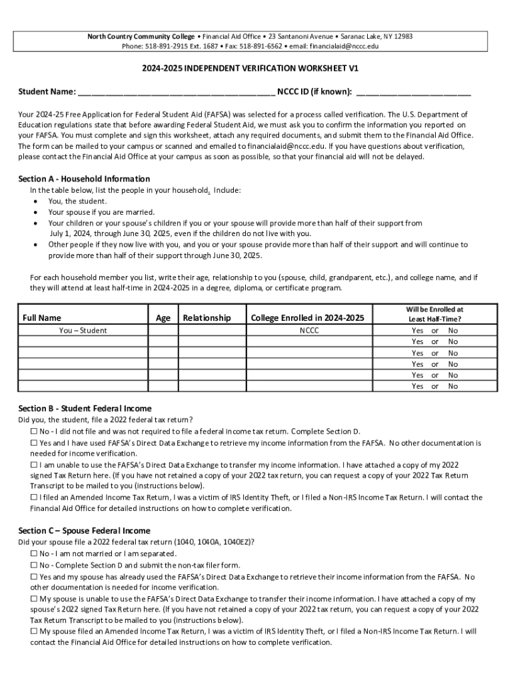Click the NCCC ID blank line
click(x=413, y=93)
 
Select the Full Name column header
click(x=41, y=318)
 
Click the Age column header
click(x=163, y=318)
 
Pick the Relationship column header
click(x=207, y=318)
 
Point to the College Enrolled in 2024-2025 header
click(x=307, y=318)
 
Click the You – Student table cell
click(x=83, y=330)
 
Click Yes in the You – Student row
click(x=418, y=330)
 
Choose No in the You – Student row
click(x=453, y=330)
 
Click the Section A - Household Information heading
click(x=84, y=179)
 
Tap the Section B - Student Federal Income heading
click(x=85, y=408)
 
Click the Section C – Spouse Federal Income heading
click(x=84, y=530)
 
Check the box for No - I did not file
click(x=34, y=432)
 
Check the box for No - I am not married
click(x=34, y=554)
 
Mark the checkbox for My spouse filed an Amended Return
click(x=34, y=631)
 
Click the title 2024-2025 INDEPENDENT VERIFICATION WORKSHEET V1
click(x=256, y=69)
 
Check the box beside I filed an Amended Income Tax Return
click(x=34, y=497)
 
